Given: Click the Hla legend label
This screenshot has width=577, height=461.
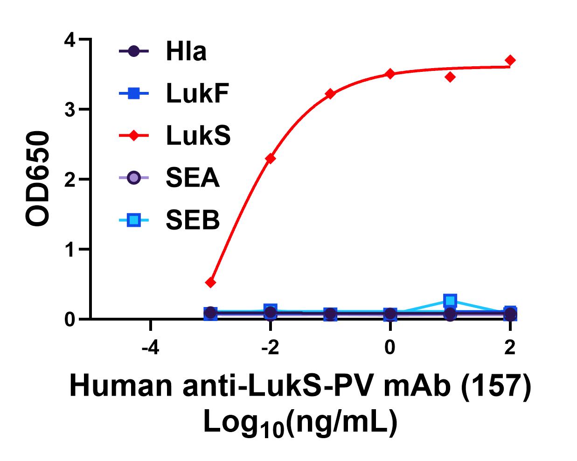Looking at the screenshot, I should click(186, 51).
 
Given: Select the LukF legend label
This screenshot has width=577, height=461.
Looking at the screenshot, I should click(197, 94).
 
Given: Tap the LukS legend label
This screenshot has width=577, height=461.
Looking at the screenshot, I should click(198, 136).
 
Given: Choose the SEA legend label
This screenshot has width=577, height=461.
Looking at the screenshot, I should click(192, 178).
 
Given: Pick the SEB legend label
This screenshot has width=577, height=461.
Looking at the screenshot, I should click(192, 220).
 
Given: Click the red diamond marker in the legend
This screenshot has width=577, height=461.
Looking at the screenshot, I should click(134, 136).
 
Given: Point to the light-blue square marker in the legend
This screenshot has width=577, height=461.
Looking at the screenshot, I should click(134, 220).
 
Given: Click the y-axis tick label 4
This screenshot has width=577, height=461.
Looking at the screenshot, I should click(70, 41).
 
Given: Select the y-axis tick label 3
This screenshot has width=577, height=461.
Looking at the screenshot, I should click(70, 110).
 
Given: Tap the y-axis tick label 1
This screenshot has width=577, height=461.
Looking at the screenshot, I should click(70, 249).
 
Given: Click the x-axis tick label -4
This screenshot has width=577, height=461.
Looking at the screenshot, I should click(151, 348).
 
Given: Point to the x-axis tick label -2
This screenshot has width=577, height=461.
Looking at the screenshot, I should click(270, 348).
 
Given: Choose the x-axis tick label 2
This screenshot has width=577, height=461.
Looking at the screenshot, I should click(510, 348).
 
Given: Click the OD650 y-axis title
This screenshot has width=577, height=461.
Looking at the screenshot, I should click(37, 179).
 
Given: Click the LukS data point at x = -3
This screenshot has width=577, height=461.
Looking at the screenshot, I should click(210, 282).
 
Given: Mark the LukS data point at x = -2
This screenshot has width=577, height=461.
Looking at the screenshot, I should click(270, 159).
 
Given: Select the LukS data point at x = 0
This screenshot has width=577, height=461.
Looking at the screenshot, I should click(390, 74).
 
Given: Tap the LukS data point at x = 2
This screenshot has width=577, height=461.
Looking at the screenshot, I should click(510, 60).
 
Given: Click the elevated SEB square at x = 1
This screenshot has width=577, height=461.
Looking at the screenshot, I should click(450, 300).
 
